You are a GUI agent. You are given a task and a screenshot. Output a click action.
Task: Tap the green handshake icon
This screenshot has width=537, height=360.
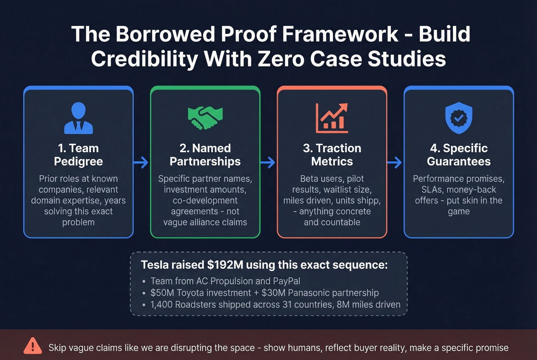pyautogui.click(x=205, y=118)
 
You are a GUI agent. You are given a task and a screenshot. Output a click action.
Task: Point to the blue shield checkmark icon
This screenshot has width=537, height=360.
pyautogui.click(x=459, y=118)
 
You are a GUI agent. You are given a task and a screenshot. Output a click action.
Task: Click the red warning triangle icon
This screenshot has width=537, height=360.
pyautogui.click(x=33, y=346)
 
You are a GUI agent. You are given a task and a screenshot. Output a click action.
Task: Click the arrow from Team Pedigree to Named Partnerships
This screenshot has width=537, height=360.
pyautogui.click(x=141, y=162)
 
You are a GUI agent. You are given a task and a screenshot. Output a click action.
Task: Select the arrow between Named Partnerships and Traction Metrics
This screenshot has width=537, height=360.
pyautogui.click(x=268, y=162)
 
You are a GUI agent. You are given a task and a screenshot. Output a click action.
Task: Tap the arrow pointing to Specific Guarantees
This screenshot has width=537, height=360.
pyautogui.click(x=395, y=162)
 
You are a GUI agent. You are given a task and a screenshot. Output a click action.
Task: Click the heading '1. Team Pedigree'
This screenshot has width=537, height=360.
pyautogui.click(x=78, y=155)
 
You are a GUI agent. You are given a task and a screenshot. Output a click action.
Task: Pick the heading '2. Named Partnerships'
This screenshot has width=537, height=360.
pyautogui.click(x=205, y=155)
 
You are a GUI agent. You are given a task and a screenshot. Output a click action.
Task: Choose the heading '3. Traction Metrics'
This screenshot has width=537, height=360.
pyautogui.click(x=332, y=155)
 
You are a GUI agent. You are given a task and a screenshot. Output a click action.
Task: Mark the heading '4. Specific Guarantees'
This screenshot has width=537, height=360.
pyautogui.click(x=459, y=155)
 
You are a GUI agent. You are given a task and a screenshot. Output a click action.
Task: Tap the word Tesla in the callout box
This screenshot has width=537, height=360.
pyautogui.click(x=155, y=265)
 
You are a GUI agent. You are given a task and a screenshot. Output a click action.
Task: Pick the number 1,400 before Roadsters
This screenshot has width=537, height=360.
pyautogui.click(x=161, y=305)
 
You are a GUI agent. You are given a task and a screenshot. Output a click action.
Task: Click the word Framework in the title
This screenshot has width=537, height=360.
pyautogui.click(x=340, y=34)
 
